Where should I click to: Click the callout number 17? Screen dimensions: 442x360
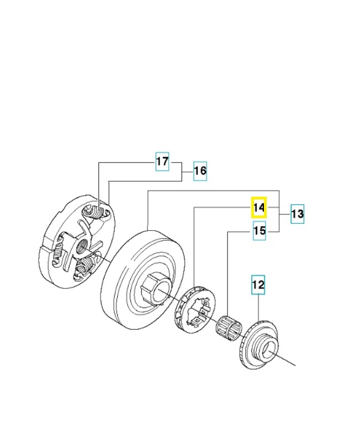(162, 162)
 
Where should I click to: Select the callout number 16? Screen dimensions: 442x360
(199, 171)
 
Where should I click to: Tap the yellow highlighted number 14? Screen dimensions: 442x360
(259, 208)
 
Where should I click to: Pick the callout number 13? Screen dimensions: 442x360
(297, 214)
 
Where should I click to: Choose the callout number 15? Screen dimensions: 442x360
(259, 231)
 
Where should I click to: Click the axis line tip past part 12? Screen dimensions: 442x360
(295, 364)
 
